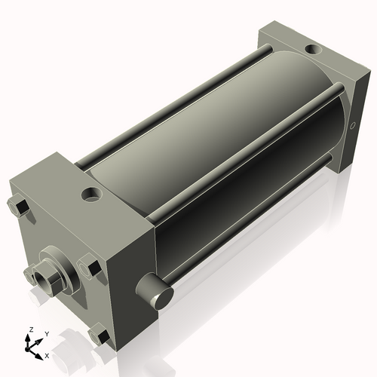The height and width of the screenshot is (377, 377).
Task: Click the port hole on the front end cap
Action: tap(91, 195)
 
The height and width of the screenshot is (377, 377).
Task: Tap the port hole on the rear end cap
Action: tap(311, 51)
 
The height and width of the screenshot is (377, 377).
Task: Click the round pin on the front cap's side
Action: tap(152, 290)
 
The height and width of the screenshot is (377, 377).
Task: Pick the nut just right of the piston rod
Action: tap(89, 266)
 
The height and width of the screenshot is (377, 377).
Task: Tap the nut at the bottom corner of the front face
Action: tap(98, 336)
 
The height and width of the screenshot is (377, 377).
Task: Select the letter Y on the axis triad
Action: tap(46, 333)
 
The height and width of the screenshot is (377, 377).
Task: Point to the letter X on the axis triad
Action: tap(47, 354)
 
